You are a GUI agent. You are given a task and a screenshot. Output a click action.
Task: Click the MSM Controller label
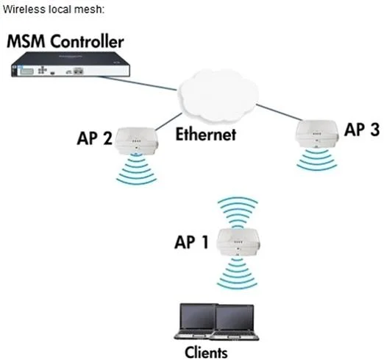pos(65,41)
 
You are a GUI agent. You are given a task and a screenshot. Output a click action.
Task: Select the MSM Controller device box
pos(71,64)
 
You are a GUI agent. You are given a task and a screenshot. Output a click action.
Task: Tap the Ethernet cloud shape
pos(218,96)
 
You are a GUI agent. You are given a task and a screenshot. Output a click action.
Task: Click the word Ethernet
pos(206,134)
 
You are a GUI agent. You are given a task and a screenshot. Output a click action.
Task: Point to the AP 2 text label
pos(95,138)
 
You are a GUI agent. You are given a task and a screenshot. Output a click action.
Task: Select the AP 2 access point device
pos(137,141)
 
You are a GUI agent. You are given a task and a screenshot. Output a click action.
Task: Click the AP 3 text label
pos(362,129)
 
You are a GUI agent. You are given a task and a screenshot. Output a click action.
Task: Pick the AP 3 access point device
pos(316,134)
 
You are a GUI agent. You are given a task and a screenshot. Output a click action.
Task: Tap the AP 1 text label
pos(191,242)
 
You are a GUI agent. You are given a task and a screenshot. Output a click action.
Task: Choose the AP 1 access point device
pos(238,242)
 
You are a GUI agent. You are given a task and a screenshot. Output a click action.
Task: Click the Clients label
pos(206,353)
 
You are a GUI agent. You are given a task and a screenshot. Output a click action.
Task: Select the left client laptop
pos(195,321)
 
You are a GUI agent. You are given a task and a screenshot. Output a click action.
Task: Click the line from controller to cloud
pos(138,83)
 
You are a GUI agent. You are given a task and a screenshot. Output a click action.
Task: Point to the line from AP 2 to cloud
pos(168,121)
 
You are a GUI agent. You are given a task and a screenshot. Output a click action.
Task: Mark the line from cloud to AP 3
pos(280,112)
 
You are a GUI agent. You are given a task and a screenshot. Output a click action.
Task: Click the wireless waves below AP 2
pos(136,169)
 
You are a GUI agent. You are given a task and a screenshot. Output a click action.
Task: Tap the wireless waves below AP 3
pos(316,159)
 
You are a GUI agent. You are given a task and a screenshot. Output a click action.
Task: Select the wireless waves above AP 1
pos(238,213)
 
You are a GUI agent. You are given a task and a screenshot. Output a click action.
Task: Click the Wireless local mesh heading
pos(54,10)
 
